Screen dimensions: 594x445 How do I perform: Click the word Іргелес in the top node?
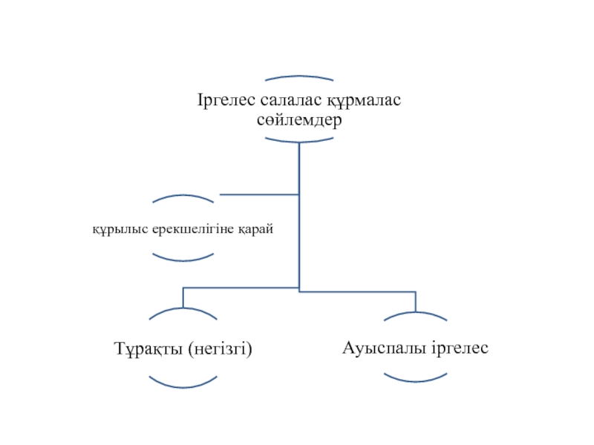tap(221, 100)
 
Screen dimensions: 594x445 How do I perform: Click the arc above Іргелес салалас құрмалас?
tap(298, 76)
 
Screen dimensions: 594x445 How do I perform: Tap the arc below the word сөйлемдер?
tap(298, 141)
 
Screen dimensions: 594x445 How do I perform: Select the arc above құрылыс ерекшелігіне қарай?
tap(183, 197)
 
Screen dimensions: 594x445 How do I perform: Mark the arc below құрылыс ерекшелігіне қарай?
tap(183, 259)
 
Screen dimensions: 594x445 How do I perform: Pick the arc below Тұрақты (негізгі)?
tap(183, 386)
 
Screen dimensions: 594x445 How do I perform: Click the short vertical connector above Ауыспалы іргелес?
tap(416, 301)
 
